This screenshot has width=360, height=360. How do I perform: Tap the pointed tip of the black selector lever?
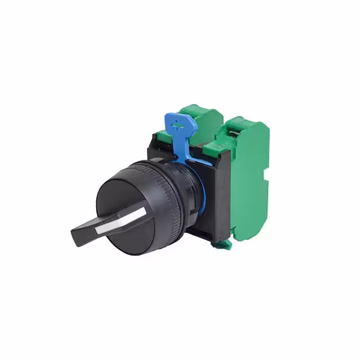pos(75,231)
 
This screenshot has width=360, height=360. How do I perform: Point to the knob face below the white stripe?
pos(132,236)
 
